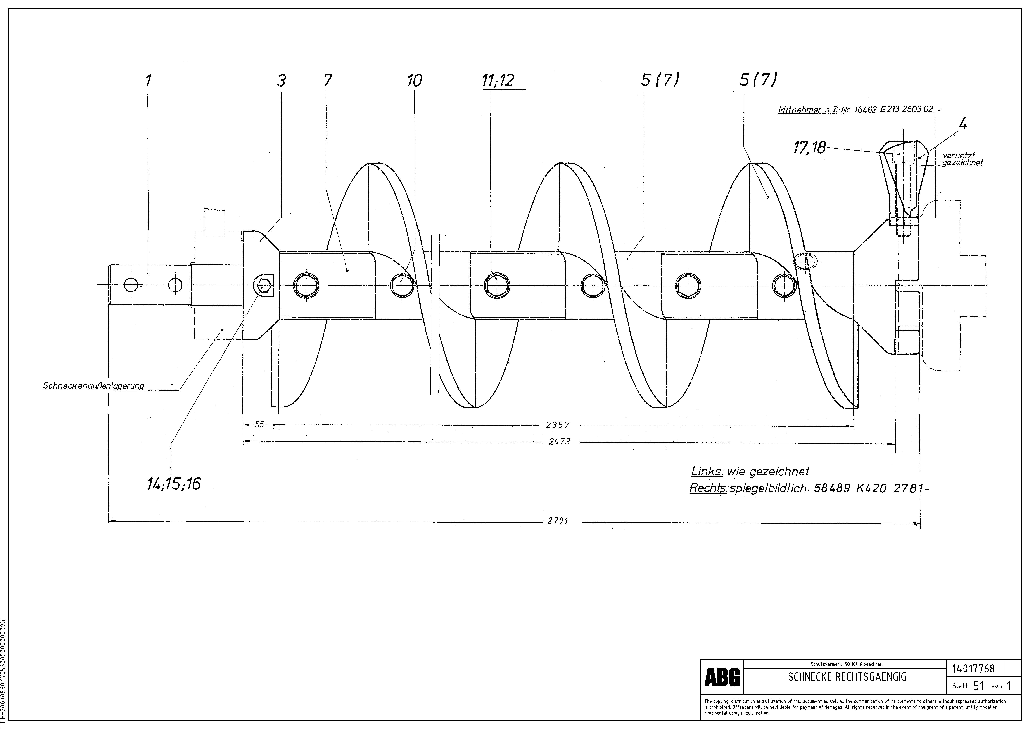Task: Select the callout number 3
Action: [x=281, y=81]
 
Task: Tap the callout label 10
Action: [x=414, y=81]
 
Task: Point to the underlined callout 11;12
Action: [x=498, y=81]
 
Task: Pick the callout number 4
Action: [x=963, y=123]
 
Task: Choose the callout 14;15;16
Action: [x=174, y=484]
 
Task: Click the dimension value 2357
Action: [x=558, y=425]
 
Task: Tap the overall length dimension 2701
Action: [x=558, y=521]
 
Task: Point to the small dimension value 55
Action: [x=259, y=424]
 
